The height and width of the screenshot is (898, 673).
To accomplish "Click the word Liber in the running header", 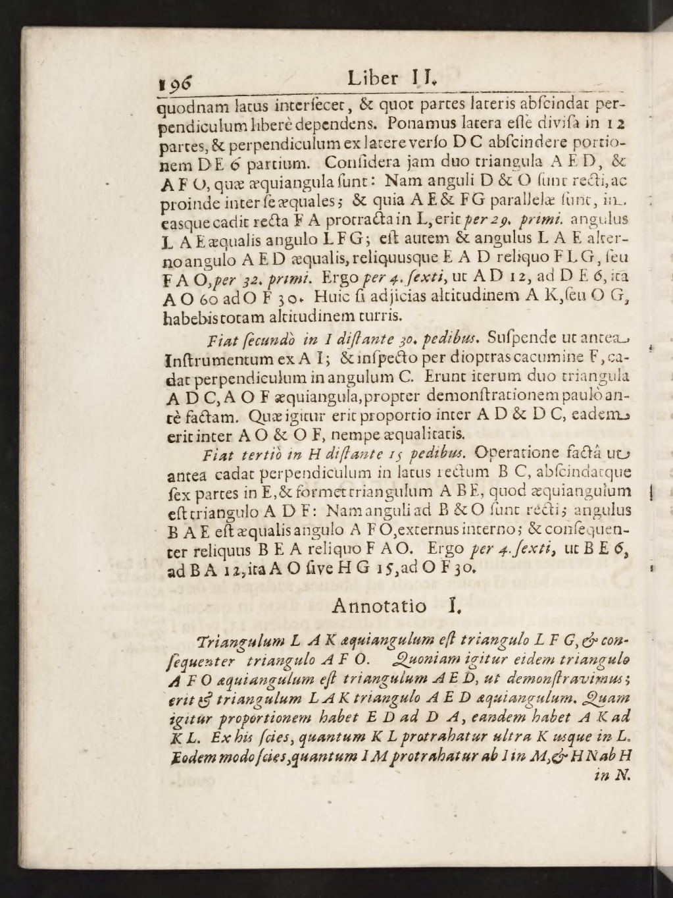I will coord(372,80).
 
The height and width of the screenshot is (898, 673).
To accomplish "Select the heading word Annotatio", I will coord(379,605).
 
